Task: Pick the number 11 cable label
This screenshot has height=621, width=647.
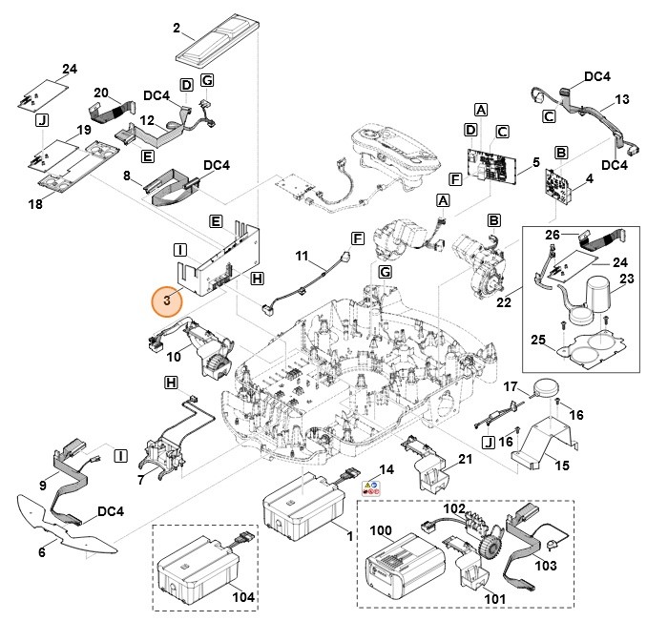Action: [302, 259]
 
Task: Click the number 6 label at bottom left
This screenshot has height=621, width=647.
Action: [41, 552]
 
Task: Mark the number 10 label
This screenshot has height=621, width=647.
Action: [173, 357]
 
